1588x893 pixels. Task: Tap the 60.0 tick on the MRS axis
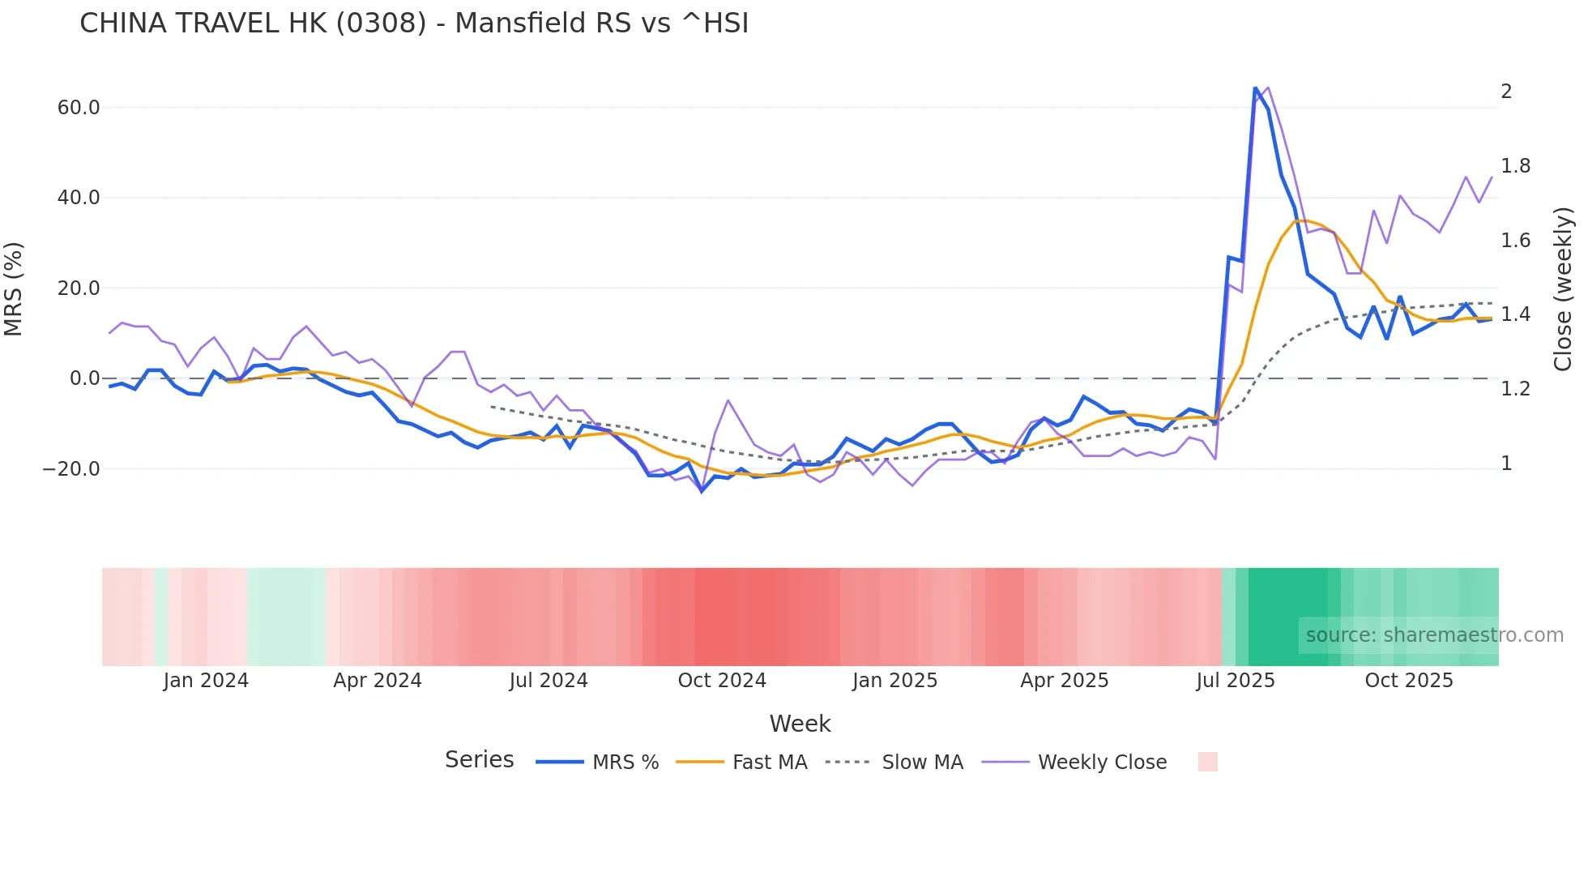coord(79,108)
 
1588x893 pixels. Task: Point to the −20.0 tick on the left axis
coord(71,468)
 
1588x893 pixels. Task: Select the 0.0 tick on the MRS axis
coord(85,378)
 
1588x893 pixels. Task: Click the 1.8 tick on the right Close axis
coord(1515,166)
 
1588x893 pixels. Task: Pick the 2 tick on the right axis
coord(1506,92)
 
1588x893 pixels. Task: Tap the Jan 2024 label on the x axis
coord(206,680)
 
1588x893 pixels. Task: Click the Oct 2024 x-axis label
coord(722,680)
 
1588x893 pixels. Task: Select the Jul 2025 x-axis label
coord(1235,680)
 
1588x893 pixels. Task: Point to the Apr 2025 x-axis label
coord(1064,680)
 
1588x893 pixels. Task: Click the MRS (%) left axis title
coord(14,289)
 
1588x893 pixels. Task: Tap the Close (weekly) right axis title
coord(1563,289)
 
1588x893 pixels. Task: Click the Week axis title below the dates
coord(800,724)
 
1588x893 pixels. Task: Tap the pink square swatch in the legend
coord(1207,762)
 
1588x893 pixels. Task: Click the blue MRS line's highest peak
coord(1255,88)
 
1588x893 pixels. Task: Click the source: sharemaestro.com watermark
coord(1434,635)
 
